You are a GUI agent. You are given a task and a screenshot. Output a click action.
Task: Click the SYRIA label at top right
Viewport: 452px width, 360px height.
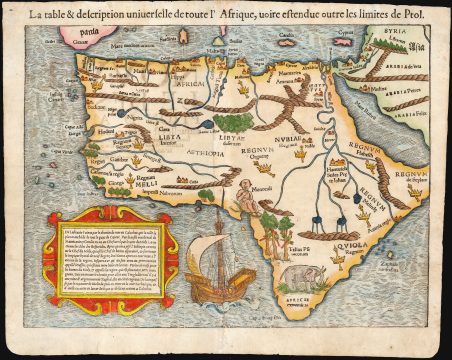[x=398, y=33]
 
